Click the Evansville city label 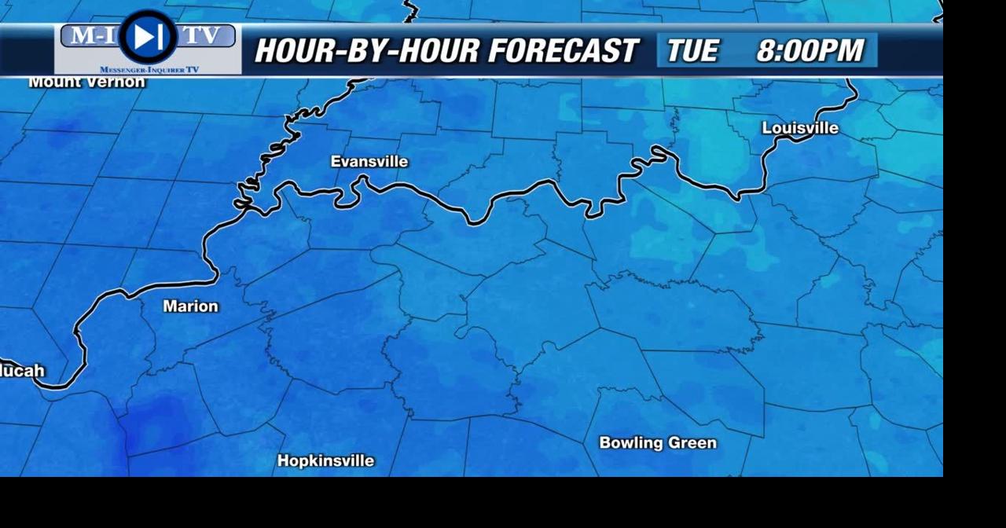point(369,162)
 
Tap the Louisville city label point(800,128)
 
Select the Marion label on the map point(190,306)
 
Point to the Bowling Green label point(658,443)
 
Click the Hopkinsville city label point(325,461)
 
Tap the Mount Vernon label point(86,82)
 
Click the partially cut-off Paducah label point(22,371)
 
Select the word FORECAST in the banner point(562,51)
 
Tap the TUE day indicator point(692,51)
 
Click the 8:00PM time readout point(810,51)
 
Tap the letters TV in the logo point(204,35)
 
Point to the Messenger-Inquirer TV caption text point(149,70)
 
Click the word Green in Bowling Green point(692,443)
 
